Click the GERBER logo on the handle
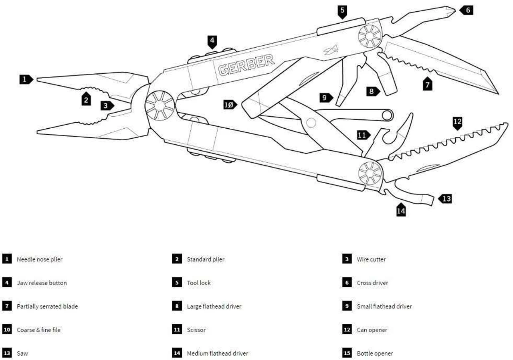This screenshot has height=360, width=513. pyautogui.click(x=246, y=65)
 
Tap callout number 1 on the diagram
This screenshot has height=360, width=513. pyautogui.click(x=25, y=79)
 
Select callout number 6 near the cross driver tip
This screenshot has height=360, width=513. pyautogui.click(x=467, y=10)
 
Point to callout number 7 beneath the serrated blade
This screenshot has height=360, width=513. pyautogui.click(x=428, y=85)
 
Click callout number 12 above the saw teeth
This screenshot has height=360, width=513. pyautogui.click(x=457, y=122)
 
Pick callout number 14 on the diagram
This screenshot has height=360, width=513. pyautogui.click(x=401, y=210)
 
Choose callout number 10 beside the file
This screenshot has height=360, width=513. pyautogui.click(x=229, y=105)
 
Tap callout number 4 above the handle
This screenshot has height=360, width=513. pyautogui.click(x=212, y=40)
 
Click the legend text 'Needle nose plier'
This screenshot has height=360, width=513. pyautogui.click(x=40, y=259)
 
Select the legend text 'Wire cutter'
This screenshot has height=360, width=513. pyautogui.click(x=371, y=259)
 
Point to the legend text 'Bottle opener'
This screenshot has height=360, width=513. pyautogui.click(x=375, y=354)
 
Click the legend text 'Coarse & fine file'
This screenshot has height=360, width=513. pyautogui.click(x=38, y=330)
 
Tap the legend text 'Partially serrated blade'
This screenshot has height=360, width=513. pyautogui.click(x=47, y=306)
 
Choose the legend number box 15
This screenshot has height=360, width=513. pyautogui.click(x=347, y=354)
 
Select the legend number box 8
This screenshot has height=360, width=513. pyautogui.click(x=177, y=306)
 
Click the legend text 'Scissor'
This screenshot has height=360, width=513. pyautogui.click(x=196, y=330)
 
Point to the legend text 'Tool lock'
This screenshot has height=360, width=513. pyautogui.click(x=198, y=283)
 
